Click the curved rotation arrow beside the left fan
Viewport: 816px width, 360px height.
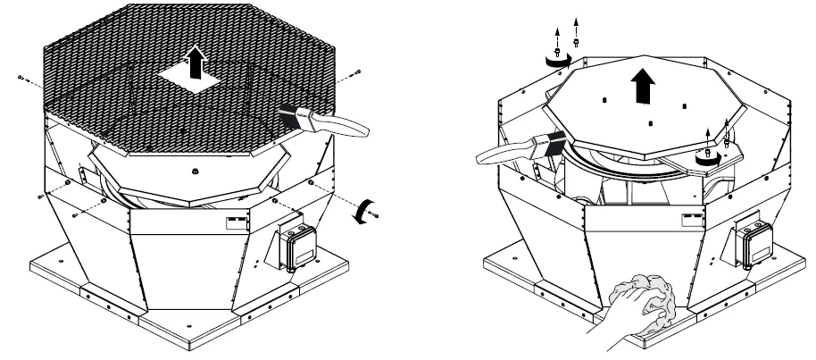[361, 211]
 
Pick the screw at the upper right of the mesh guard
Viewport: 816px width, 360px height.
[358, 71]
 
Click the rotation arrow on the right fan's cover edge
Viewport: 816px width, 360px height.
[707, 155]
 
